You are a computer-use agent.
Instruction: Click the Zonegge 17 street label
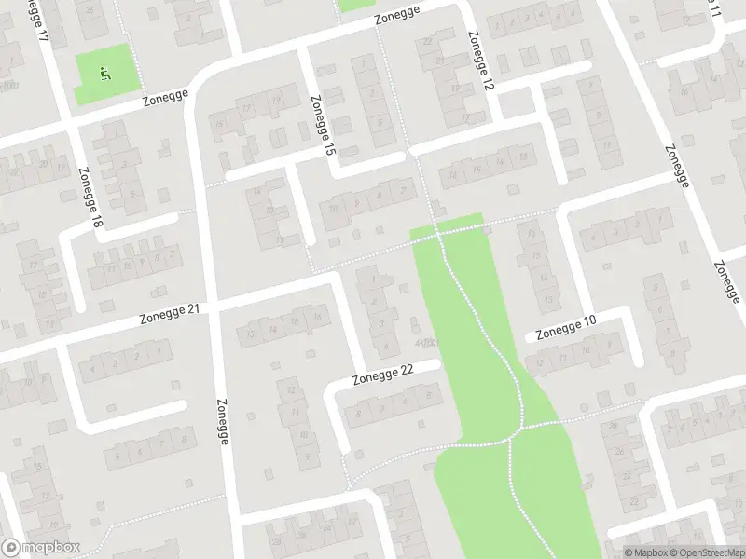coord(37,20)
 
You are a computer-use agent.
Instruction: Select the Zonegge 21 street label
coord(170,313)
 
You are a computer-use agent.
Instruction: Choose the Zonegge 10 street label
coord(565,327)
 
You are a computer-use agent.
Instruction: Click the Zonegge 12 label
coord(480,60)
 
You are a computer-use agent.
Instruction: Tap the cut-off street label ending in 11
coord(713,9)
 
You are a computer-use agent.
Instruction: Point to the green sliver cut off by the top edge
coord(354,5)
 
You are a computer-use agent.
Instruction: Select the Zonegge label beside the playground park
coord(165,99)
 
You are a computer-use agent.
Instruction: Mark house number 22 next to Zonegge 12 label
coord(427,41)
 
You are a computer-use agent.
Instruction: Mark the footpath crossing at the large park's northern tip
coord(437,236)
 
